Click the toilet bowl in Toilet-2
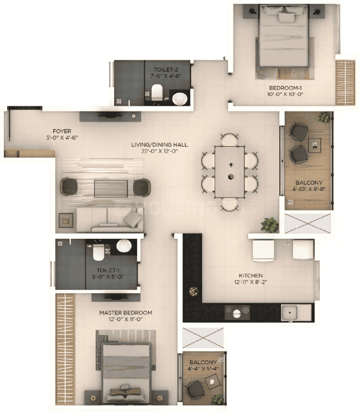coord(157,91)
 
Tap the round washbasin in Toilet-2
coord(180,99)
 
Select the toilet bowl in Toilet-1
coord(98,252)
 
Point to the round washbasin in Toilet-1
coord(124,246)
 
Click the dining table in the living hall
coord(230,172)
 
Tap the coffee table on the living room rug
coord(111,189)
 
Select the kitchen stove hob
coord(237,312)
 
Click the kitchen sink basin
coord(290,313)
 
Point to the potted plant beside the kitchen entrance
coord(269,225)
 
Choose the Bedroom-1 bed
coord(284,36)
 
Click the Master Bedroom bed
coord(127,374)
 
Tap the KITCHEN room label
coord(251,275)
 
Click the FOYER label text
coord(62,131)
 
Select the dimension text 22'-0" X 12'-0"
coord(159,151)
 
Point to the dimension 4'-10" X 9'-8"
coord(309,189)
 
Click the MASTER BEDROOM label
coord(126,313)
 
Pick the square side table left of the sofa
coord(66,220)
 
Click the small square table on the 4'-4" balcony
coord(212,382)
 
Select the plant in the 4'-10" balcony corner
coord(325,117)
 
